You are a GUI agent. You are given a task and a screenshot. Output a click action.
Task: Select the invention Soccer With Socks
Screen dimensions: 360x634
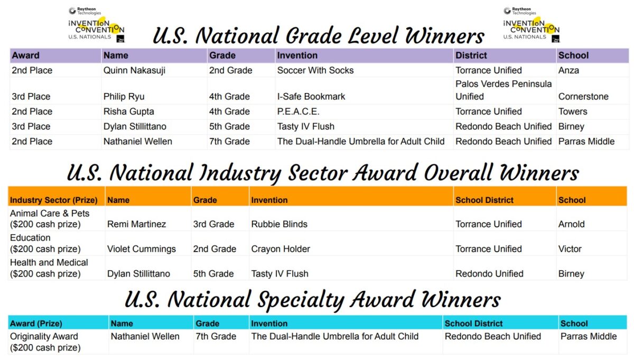(x=315, y=70)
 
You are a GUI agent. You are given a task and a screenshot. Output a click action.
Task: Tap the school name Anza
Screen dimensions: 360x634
(x=568, y=70)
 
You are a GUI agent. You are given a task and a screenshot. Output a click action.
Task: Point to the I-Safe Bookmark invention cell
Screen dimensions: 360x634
(x=311, y=97)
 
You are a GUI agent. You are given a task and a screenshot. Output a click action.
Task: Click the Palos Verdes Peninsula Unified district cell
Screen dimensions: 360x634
(x=503, y=90)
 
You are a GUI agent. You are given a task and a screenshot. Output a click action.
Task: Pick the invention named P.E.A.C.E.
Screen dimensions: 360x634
(x=299, y=112)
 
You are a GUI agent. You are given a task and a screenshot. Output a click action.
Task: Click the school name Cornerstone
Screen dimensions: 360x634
(x=583, y=97)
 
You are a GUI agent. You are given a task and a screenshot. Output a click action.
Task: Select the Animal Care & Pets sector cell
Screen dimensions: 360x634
(x=50, y=218)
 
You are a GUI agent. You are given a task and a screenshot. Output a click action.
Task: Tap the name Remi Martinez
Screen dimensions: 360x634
(x=136, y=224)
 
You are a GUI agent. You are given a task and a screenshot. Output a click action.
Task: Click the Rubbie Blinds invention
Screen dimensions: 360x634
(x=279, y=224)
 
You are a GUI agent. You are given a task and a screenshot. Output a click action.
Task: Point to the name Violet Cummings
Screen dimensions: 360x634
(x=141, y=249)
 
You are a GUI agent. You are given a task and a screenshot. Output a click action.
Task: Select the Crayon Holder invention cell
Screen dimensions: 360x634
(x=281, y=249)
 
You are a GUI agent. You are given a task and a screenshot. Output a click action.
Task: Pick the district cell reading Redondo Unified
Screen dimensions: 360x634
(x=489, y=274)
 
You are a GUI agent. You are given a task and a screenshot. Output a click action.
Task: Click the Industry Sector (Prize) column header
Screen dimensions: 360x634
(x=54, y=200)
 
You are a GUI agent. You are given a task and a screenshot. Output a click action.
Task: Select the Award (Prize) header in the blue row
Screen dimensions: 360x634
(x=36, y=324)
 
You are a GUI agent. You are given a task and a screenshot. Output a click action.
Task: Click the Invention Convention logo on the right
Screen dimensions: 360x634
(x=531, y=25)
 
